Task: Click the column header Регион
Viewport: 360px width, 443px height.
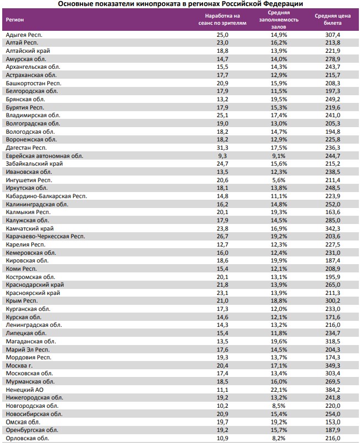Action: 15,19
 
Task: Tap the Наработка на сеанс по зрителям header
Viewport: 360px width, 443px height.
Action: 222,19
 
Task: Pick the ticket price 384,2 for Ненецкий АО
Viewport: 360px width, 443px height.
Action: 333,390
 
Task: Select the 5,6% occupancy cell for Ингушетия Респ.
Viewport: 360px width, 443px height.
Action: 279,180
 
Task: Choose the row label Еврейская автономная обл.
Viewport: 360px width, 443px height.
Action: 44,156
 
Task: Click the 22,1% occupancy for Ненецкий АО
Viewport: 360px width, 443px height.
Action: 279,390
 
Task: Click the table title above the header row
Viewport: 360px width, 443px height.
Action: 180,4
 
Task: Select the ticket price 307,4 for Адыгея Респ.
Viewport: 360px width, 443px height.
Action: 333,35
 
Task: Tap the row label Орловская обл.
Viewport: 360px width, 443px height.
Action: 27,438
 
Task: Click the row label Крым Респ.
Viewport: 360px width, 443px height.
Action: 21,301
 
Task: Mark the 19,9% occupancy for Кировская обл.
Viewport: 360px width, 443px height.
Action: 279,260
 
